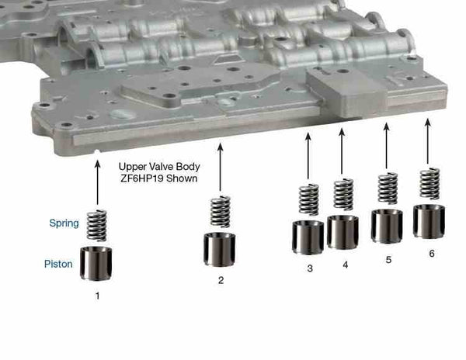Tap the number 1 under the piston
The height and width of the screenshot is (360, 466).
pyautogui.click(x=97, y=296)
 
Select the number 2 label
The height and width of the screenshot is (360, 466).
pyautogui.click(x=221, y=281)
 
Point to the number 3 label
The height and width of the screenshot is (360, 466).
pyautogui.click(x=309, y=268)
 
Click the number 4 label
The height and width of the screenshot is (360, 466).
pyautogui.click(x=345, y=265)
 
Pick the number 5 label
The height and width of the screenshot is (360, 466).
pyautogui.click(x=388, y=260)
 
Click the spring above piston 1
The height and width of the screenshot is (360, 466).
pyautogui.click(x=97, y=225)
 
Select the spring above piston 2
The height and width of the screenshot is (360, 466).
pyautogui.click(x=221, y=212)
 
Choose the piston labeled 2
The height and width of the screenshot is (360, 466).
pyautogui.click(x=221, y=248)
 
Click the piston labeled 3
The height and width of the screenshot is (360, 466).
pyautogui.click(x=308, y=237)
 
